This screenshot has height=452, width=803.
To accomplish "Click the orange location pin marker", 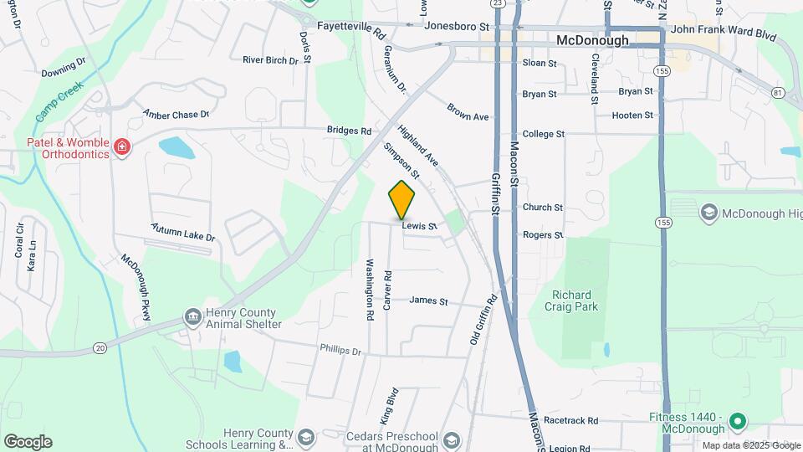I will [401, 199].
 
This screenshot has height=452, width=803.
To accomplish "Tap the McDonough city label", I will [592, 40].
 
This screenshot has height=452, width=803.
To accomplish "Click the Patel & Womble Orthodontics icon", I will [122, 148].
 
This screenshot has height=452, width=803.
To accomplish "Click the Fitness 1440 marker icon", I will [737, 420].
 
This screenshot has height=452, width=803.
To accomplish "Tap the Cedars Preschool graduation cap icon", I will [452, 440].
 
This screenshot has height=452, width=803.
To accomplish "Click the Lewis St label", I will [419, 226].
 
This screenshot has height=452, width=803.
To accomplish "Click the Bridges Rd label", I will [349, 131].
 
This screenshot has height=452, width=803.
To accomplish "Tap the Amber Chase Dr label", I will [175, 114].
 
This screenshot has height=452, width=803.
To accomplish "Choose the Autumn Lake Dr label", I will [183, 233].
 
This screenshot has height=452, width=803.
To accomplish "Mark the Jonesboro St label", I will [456, 27].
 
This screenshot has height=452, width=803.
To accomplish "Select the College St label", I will [544, 134].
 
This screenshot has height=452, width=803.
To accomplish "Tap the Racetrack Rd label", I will [570, 420].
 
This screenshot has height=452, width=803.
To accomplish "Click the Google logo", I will [28, 442].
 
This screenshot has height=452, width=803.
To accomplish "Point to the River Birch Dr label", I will [270, 60].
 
